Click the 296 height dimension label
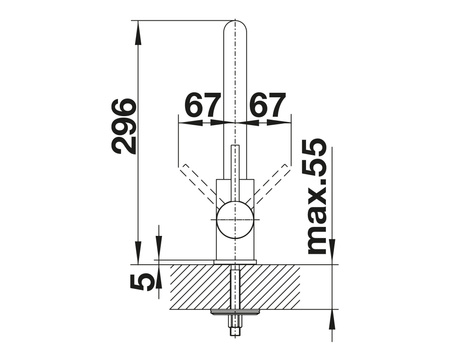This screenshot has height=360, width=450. [x=124, y=126]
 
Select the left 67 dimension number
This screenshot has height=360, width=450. [x=203, y=105]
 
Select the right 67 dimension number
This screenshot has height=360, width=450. [x=268, y=105]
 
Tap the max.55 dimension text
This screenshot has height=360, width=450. [x=316, y=196]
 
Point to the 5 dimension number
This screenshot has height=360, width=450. [x=142, y=283]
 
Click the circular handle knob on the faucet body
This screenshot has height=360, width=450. [x=235, y=220]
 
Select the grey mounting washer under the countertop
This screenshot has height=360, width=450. [x=235, y=312]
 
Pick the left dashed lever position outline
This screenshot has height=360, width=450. [x=197, y=184]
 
